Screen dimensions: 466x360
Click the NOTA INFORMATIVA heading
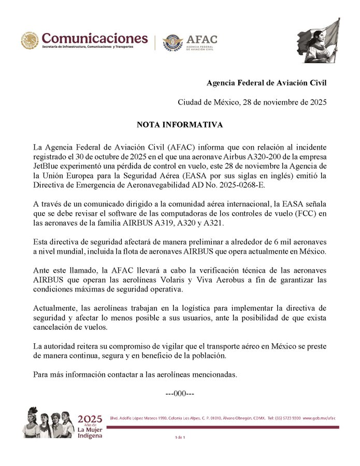[180, 125]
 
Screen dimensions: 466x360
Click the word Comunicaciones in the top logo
[94, 38]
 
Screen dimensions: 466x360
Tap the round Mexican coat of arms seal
[30, 41]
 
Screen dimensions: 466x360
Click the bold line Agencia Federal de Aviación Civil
[266, 83]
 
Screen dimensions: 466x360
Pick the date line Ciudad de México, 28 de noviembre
[252, 102]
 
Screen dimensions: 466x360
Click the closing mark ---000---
[179, 394]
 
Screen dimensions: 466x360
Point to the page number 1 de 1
[180, 438]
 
